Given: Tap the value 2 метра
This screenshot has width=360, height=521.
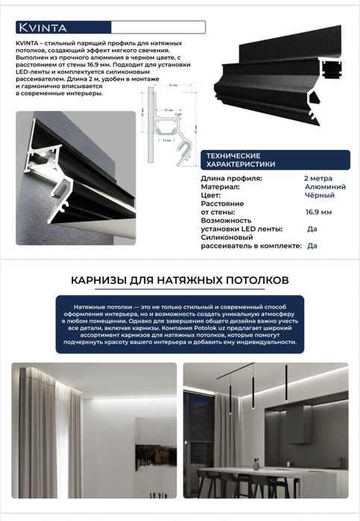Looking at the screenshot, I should coord(318,179).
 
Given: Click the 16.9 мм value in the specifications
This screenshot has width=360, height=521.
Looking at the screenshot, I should coord(318,212).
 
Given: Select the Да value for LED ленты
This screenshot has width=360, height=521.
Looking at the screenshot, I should coord(312,229).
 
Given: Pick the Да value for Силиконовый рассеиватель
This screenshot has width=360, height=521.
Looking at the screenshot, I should coord(312,245).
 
